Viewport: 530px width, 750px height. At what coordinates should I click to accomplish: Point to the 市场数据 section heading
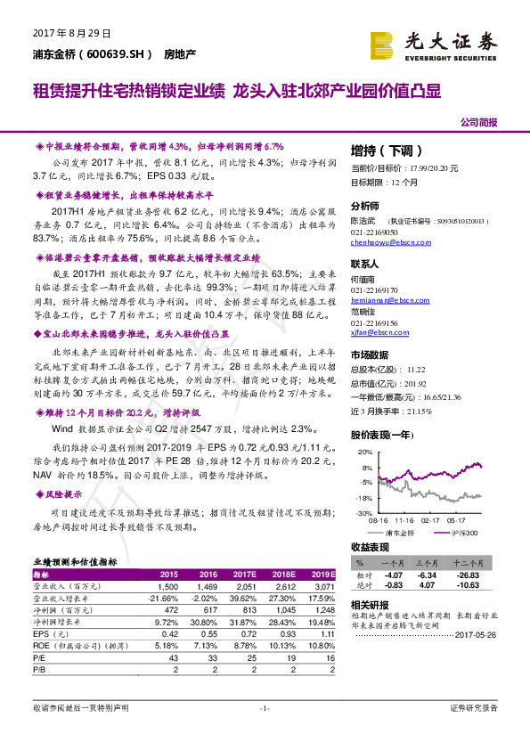(x=369, y=353)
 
